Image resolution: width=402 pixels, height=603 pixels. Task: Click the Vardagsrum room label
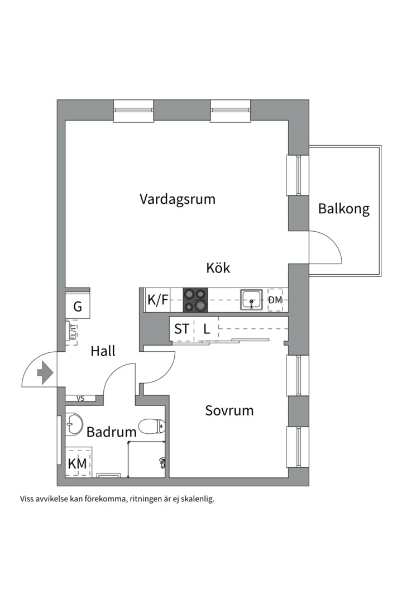click(178, 199)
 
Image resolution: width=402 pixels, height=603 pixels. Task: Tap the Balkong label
click(344, 209)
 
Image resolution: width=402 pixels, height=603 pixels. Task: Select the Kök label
click(218, 268)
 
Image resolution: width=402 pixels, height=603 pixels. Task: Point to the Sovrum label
click(229, 411)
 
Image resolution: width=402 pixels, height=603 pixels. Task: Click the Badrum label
click(112, 432)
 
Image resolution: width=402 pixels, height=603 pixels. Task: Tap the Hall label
click(103, 351)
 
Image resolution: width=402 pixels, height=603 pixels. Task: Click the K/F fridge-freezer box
click(157, 300)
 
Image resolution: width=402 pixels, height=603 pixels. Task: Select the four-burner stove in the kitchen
click(195, 300)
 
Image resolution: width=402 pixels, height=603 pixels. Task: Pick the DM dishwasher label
click(275, 300)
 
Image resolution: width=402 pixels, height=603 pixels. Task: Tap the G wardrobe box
click(78, 306)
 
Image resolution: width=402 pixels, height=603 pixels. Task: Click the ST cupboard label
click(181, 329)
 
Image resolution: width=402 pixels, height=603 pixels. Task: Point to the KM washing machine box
click(78, 463)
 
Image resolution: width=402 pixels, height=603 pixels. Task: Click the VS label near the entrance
click(80, 399)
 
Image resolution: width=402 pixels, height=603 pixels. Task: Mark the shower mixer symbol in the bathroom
click(162, 462)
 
